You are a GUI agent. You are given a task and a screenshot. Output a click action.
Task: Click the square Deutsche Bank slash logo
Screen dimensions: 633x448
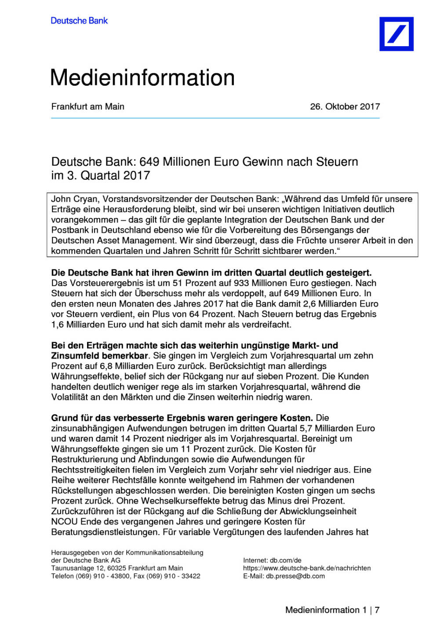click(396, 34)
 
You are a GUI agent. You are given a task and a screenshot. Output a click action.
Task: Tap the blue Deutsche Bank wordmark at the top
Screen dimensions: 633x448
click(79, 21)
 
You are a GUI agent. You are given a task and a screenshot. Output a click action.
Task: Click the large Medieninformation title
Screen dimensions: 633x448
click(142, 78)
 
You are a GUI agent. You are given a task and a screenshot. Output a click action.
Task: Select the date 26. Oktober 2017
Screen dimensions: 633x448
click(345, 106)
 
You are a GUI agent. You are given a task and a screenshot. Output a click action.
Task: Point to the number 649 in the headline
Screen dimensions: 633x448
click(149, 162)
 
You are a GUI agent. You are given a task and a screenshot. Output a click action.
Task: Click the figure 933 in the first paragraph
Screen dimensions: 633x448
click(241, 283)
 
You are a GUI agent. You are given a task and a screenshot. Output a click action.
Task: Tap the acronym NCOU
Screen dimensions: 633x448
click(64, 522)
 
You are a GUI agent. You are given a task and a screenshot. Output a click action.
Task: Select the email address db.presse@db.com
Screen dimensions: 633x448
click(295, 576)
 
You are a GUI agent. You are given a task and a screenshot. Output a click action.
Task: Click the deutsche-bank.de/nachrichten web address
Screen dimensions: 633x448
click(307, 568)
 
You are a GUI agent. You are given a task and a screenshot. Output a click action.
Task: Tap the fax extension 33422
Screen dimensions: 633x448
click(191, 576)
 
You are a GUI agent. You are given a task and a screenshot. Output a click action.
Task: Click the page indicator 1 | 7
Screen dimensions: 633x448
click(371, 610)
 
